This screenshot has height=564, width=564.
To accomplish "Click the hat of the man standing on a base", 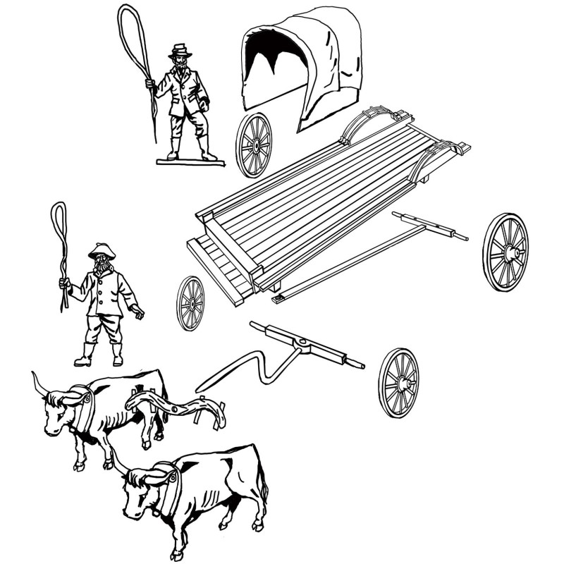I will [x=180, y=50].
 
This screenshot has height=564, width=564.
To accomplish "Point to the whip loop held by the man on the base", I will [x=136, y=35].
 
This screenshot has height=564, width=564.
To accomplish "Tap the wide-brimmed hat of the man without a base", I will [x=102, y=250].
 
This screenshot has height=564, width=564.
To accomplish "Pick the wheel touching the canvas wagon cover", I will [x=253, y=145].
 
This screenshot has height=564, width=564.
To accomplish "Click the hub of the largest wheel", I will [x=513, y=252].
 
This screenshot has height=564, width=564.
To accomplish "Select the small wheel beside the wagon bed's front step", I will [x=190, y=303].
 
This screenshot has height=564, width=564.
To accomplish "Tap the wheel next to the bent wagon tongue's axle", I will [x=398, y=383].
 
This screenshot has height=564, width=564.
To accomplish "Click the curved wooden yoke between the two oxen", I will [x=176, y=409].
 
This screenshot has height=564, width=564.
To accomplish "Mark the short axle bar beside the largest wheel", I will [x=430, y=225].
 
